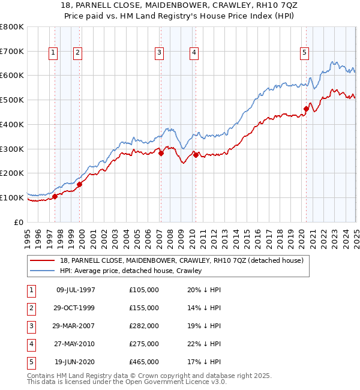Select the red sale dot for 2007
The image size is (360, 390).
pyautogui.click(x=161, y=153)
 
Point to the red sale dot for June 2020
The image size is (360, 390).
pyautogui.click(x=306, y=109)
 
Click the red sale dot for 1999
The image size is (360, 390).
pyautogui.click(x=80, y=184)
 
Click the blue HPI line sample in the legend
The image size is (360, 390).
pyautogui.click(x=43, y=271)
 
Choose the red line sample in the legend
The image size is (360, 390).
pyautogui.click(x=43, y=260)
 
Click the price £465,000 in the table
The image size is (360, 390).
pyautogui.click(x=144, y=362)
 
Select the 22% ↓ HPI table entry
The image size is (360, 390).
pyautogui.click(x=204, y=344)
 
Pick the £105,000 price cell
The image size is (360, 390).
pyautogui.click(x=144, y=290)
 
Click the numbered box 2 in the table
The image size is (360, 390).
pyautogui.click(x=31, y=308)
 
